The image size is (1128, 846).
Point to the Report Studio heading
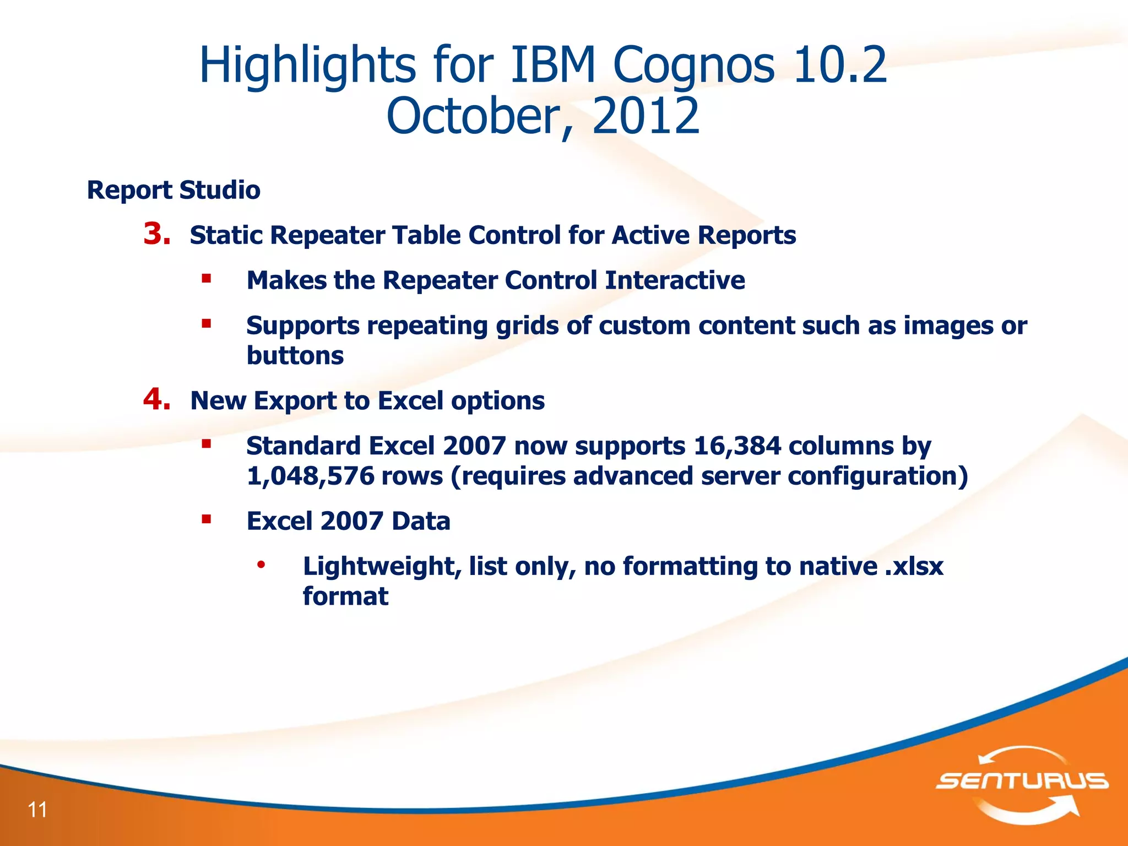pyautogui.click(x=173, y=191)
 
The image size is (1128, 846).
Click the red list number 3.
pyautogui.click(x=156, y=234)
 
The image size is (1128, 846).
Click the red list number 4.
pyautogui.click(x=156, y=399)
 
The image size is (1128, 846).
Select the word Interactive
pyautogui.click(x=675, y=280)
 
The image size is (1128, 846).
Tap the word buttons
pyautogui.click(x=295, y=356)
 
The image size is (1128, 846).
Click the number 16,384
pyautogui.click(x=737, y=446)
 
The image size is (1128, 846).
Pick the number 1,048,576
pyautogui.click(x=310, y=476)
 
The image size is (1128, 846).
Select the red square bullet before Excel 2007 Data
pyautogui.click(x=207, y=519)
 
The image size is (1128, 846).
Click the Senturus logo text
pyautogui.click(x=1022, y=781)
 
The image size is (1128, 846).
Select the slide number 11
pyautogui.click(x=37, y=810)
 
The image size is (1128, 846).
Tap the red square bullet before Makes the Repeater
pyautogui.click(x=207, y=279)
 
